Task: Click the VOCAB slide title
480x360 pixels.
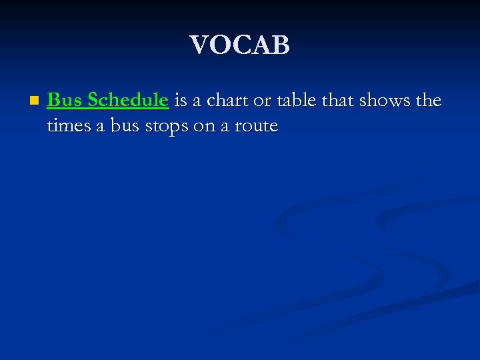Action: (240, 45)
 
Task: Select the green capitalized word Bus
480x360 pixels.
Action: (65, 100)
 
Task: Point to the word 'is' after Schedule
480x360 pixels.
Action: (180, 100)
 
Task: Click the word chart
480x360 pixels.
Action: (224, 100)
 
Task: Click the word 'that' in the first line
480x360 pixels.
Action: (339, 100)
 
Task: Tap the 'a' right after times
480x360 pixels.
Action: (101, 127)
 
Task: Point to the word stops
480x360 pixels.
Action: (165, 126)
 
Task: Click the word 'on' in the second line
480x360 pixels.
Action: (204, 127)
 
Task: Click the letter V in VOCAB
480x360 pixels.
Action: (199, 45)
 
